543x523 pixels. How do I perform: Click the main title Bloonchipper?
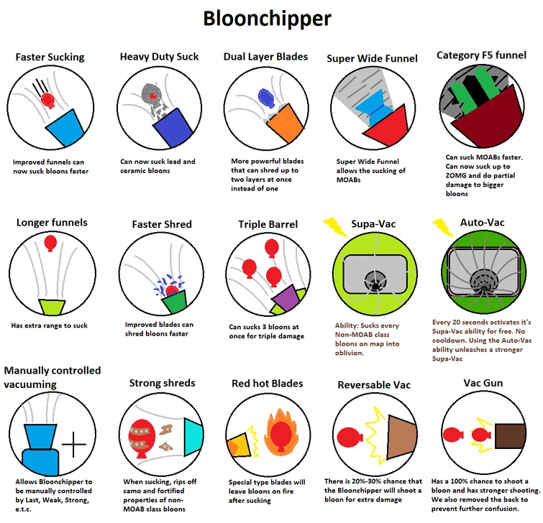267,18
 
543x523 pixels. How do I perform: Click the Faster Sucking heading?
50,57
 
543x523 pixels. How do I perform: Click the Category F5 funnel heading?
482,55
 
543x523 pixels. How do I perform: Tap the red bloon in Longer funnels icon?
50,244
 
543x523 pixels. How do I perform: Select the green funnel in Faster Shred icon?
173,302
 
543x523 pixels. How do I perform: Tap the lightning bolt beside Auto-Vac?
442,226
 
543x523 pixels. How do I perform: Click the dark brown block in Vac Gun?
510,435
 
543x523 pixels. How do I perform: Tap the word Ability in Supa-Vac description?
347,325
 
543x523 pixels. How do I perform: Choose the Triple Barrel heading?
268,225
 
